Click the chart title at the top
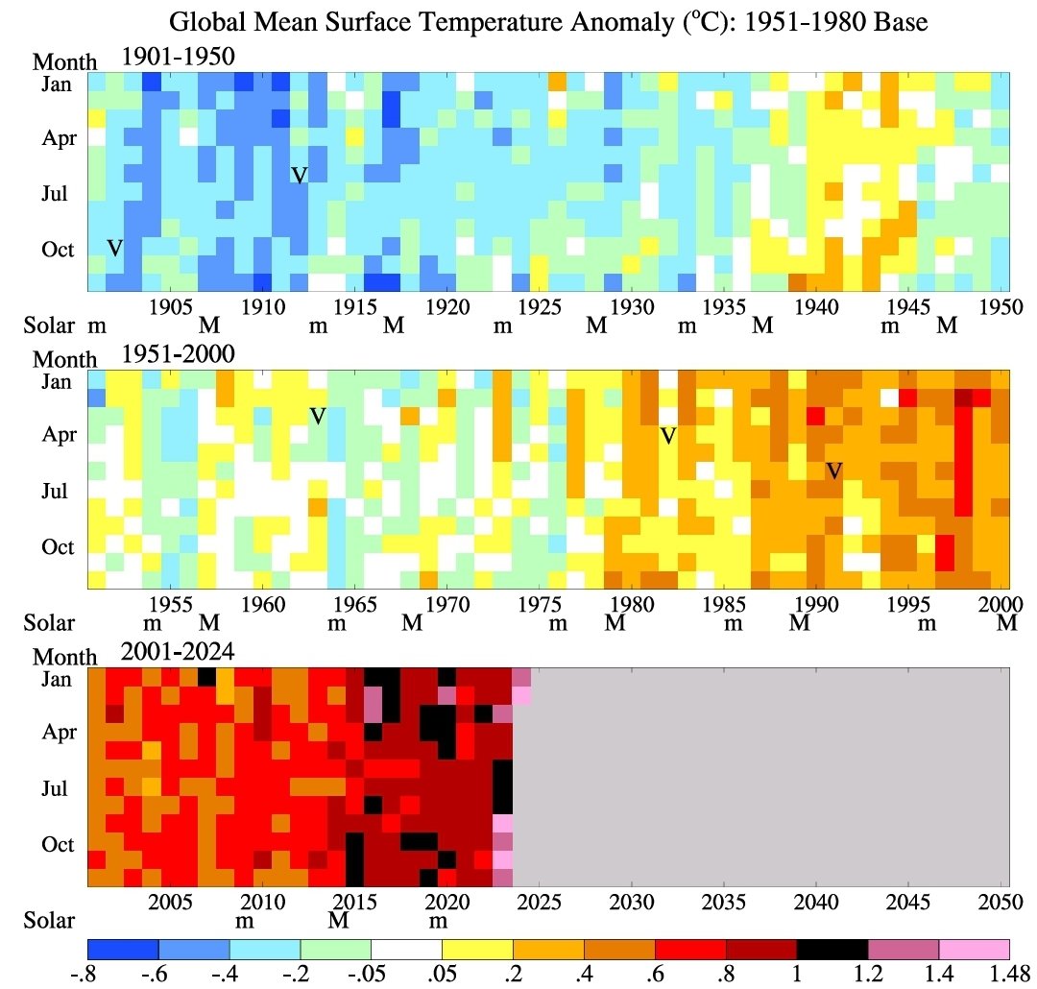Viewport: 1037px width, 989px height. click(548, 21)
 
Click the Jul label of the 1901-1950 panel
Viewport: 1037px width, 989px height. click(57, 193)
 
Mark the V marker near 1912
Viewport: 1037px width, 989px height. click(300, 175)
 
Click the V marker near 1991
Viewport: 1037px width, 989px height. click(834, 470)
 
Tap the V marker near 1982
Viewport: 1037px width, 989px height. click(668, 436)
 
